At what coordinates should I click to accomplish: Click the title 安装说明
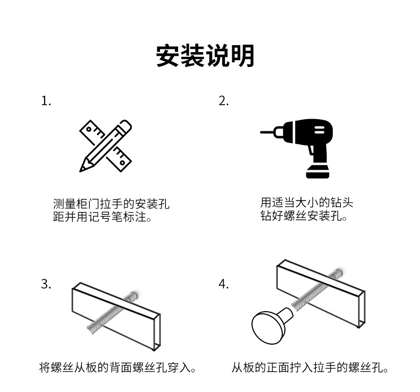coord(205,56)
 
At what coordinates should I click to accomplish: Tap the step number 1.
coord(46,101)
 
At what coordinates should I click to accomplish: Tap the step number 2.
coord(223,101)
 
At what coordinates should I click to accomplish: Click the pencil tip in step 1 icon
coord(82,169)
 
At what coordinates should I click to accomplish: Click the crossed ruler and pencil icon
coord(105,146)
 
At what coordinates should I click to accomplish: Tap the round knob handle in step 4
coord(269,324)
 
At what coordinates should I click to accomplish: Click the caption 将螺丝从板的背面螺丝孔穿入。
coord(118,367)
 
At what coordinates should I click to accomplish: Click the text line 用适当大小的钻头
coord(307,203)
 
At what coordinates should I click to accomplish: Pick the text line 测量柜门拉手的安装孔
coord(111,204)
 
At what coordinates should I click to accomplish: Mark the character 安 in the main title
coord(169,56)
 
